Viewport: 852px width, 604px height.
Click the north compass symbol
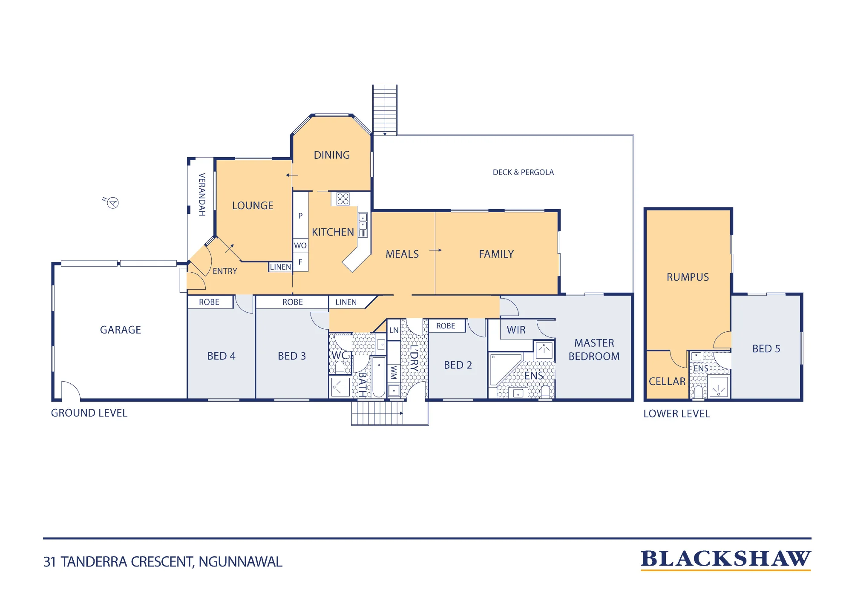(112, 203)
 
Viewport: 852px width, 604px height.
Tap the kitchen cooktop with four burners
(343, 199)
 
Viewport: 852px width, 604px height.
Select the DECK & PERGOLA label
(523, 173)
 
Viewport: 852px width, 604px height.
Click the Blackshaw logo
(726, 559)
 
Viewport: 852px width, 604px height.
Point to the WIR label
(516, 330)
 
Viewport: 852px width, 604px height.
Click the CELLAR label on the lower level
(667, 381)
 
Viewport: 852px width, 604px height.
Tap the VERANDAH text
(202, 194)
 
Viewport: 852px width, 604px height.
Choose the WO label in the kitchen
(300, 245)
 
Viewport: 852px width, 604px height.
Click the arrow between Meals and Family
(435, 250)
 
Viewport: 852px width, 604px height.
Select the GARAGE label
(121, 330)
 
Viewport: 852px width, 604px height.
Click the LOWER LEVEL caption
(676, 414)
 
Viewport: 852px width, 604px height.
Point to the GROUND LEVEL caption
(89, 413)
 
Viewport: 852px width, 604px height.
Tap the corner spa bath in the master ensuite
(506, 369)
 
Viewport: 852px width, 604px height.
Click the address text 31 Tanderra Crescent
(163, 562)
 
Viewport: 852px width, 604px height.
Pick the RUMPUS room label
(688, 277)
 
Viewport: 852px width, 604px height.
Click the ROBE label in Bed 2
(446, 326)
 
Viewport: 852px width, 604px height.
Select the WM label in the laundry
(394, 372)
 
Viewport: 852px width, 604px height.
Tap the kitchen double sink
(363, 225)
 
